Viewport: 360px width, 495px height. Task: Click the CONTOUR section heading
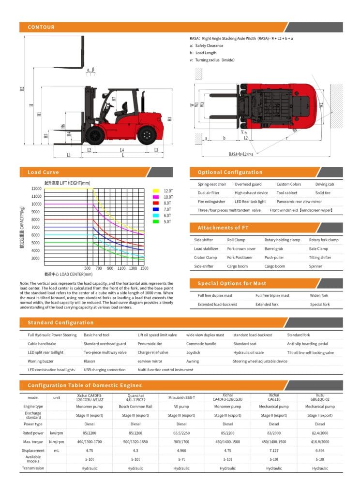(x=41, y=27)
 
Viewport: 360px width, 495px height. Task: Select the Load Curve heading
(x=43, y=172)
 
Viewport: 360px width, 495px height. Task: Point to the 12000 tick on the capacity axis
(x=36, y=189)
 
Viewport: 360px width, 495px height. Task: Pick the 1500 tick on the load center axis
(x=144, y=268)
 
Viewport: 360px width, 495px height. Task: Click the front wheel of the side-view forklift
(x=96, y=135)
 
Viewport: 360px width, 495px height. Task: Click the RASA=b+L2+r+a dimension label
(x=241, y=154)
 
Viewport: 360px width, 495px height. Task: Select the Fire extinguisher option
(x=211, y=202)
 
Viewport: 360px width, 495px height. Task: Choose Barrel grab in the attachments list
(x=273, y=248)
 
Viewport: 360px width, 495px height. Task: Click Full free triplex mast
(x=272, y=295)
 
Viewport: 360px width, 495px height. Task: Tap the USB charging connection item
(x=105, y=370)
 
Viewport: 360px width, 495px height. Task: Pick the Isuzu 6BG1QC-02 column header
(x=320, y=397)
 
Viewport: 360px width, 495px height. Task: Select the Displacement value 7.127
(x=274, y=450)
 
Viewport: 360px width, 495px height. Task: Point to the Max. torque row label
(x=33, y=441)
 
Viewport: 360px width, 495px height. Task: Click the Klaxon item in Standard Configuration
(x=90, y=361)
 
